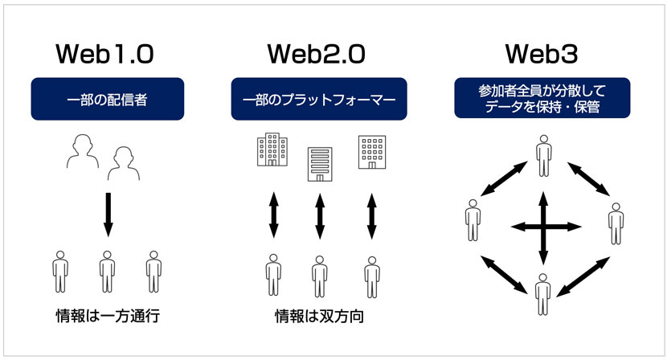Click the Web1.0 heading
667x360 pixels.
coord(104,53)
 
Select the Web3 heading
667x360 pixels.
coord(542,53)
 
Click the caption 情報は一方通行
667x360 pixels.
coord(104,315)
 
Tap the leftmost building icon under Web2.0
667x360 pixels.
coord(272,150)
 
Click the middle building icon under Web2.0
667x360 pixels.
coord(320,163)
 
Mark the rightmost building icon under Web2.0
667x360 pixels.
coord(372,151)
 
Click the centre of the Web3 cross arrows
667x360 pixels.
coord(544,227)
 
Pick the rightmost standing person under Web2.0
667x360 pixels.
coord(371,276)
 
